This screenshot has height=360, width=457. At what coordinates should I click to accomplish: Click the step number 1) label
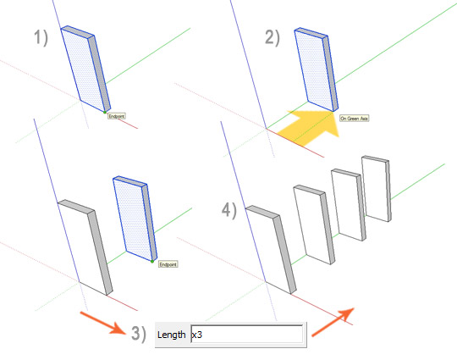(x=41, y=38)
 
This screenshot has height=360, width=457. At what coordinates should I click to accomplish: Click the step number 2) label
(x=273, y=38)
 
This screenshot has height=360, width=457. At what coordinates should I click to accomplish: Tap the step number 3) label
(x=139, y=334)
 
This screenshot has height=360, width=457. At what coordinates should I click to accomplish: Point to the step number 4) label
(x=229, y=210)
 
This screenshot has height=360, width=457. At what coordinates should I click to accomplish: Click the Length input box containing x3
(x=246, y=335)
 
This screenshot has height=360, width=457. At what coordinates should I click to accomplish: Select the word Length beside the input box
(x=171, y=335)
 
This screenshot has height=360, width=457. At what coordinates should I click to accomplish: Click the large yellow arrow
(x=308, y=127)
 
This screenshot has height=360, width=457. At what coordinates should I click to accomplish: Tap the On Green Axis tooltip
(x=355, y=118)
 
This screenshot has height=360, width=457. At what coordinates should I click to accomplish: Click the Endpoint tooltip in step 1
(x=117, y=116)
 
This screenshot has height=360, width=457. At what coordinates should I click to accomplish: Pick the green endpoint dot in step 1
(x=105, y=112)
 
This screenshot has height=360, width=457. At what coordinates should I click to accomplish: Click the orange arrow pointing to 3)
(x=103, y=323)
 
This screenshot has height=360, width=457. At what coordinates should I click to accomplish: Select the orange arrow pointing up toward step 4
(x=333, y=322)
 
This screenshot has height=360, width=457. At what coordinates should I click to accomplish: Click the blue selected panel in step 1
(x=85, y=69)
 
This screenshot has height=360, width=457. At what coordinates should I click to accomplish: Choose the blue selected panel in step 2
(x=317, y=69)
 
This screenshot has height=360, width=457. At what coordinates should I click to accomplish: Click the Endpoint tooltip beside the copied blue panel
(x=168, y=264)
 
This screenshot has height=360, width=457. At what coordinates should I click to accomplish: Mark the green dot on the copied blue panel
(x=152, y=262)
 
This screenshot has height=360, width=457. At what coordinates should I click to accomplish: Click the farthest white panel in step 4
(x=377, y=189)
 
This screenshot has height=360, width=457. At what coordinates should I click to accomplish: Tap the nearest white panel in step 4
(x=271, y=249)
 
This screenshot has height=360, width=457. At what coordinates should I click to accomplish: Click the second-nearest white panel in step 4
(x=314, y=224)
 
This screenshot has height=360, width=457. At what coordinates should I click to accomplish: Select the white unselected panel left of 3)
(x=85, y=247)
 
